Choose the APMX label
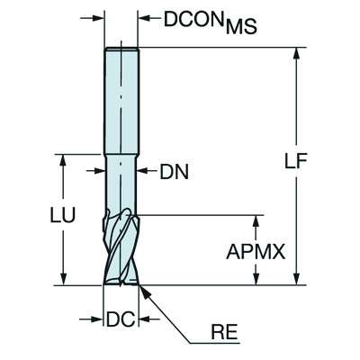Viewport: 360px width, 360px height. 256,253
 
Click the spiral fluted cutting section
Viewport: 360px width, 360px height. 121,247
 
